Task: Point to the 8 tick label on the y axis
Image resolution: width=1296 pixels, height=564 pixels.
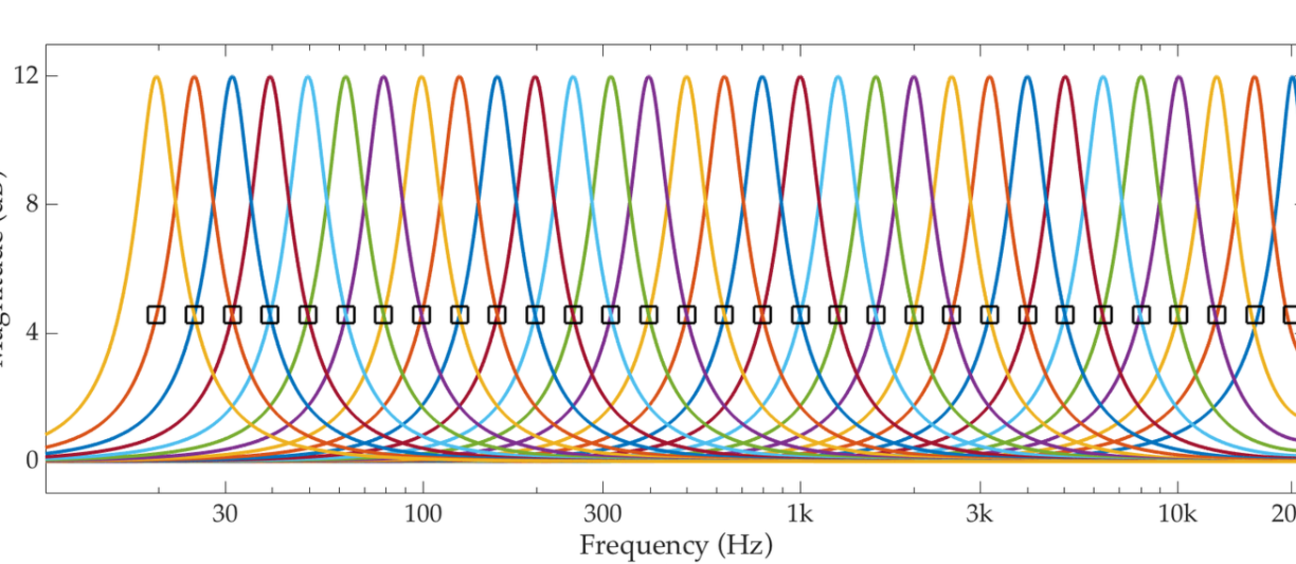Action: tap(31, 204)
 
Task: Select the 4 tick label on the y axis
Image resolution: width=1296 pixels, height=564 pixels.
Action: tap(31, 333)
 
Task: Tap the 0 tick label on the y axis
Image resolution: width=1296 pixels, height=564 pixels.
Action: tap(31, 461)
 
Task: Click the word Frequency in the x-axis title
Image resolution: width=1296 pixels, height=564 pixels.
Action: tap(642, 544)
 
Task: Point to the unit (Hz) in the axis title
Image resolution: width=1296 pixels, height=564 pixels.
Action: tap(744, 544)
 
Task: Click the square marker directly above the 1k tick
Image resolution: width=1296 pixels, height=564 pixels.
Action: tap(800, 315)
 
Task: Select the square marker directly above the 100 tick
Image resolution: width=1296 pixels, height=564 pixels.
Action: tap(422, 315)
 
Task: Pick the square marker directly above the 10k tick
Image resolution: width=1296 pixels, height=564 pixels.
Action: tap(1179, 315)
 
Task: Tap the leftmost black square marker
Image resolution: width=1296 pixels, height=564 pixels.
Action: tap(156, 315)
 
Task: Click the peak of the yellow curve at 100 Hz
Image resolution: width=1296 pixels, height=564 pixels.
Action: tap(422, 77)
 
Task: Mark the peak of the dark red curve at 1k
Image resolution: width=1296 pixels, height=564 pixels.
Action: tap(800, 77)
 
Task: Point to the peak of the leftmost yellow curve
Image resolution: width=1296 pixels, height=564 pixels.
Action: tap(156, 77)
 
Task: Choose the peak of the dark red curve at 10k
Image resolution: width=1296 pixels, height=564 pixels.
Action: tap(1179, 77)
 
